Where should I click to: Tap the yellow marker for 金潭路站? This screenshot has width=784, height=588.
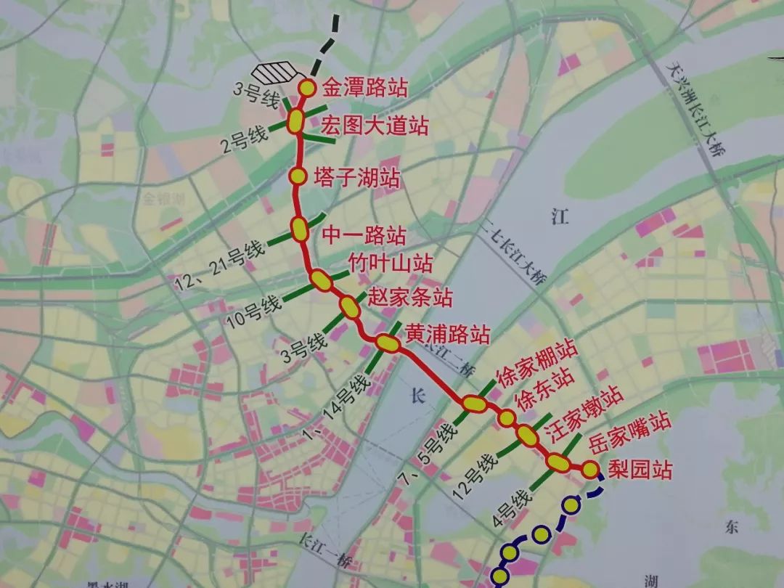[x=307, y=89]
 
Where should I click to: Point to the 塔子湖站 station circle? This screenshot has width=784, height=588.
[x=298, y=176]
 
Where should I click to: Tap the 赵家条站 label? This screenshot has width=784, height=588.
[x=410, y=298]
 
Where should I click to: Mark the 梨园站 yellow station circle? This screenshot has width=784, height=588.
[x=590, y=470]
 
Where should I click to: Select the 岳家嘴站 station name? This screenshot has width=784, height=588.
[x=629, y=433]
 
